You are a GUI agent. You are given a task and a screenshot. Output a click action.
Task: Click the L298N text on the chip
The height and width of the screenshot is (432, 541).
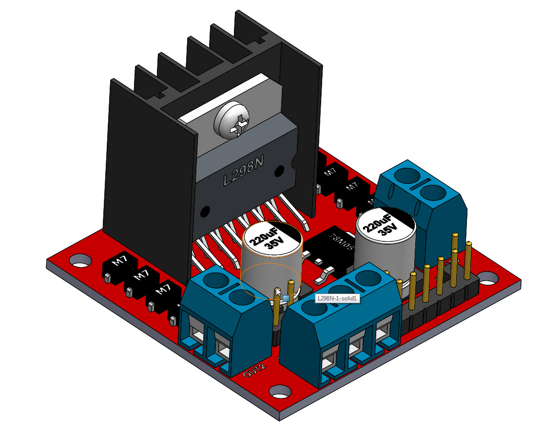click(x=244, y=173)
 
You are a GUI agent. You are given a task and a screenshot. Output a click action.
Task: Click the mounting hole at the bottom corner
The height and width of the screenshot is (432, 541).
click(x=280, y=390)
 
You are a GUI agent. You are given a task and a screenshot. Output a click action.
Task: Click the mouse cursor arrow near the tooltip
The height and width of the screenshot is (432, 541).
click(x=278, y=292)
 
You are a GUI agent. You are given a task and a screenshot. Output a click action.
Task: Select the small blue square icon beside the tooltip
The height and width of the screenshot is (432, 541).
click(x=286, y=298)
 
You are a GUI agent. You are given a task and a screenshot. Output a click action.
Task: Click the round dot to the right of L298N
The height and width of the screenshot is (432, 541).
click(x=280, y=171)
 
